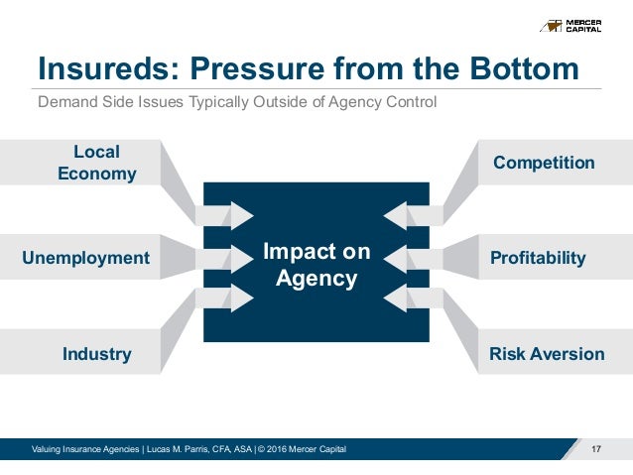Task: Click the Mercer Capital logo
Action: [582, 25]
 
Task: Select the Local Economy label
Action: [96, 163]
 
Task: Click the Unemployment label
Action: [85, 258]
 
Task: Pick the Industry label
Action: [96, 354]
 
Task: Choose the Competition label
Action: [544, 163]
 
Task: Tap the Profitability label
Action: [538, 258]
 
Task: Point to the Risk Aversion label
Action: [547, 354]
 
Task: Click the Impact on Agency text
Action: [316, 265]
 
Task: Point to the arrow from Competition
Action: [401, 214]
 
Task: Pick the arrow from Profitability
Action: [401, 258]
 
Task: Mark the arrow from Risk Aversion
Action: [401, 299]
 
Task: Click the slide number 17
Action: [596, 452]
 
